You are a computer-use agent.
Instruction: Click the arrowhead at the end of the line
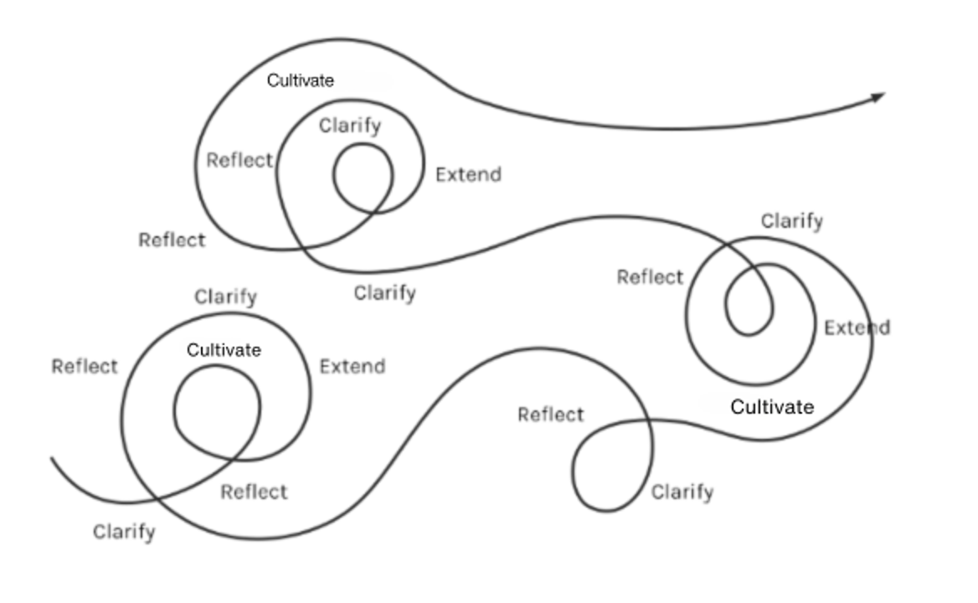878,97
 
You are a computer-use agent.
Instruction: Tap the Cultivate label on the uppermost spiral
300,80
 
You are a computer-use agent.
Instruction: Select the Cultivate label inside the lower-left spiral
224,350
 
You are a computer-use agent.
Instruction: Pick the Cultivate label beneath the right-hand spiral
772,407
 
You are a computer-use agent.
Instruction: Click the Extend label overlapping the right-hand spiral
857,327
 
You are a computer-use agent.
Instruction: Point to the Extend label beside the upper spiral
468,174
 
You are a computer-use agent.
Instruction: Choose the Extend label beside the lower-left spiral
353,366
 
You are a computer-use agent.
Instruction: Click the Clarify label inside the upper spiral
350,126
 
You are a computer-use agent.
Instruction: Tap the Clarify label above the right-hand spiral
791,221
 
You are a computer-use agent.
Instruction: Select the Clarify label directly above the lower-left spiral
225,297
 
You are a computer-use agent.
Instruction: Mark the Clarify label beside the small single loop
682,492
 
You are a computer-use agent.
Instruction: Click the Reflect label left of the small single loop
550,415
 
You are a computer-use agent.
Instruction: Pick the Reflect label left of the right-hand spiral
650,276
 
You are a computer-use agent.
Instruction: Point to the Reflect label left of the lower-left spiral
85,366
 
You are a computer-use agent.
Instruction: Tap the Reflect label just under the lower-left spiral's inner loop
254,492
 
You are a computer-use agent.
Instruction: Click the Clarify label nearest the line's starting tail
124,532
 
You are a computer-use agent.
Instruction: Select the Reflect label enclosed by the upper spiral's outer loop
239,160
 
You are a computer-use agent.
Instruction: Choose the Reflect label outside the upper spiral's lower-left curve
172,240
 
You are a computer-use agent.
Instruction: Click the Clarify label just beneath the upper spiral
384,293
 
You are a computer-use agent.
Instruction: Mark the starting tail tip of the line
53,459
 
